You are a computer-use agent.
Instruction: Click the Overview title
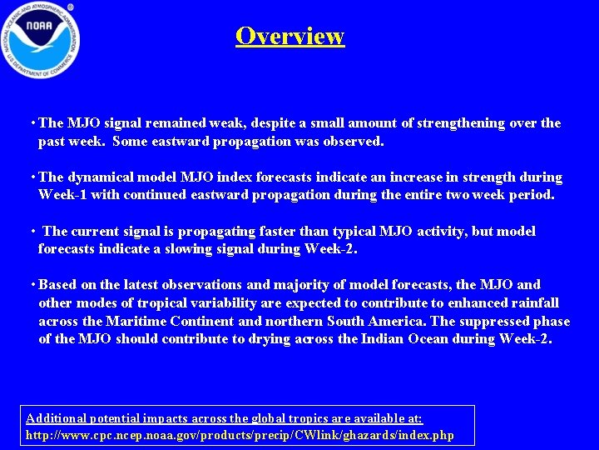pos(290,36)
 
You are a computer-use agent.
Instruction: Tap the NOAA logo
pos(41,38)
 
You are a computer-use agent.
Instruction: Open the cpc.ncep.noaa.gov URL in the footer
pos(240,435)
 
